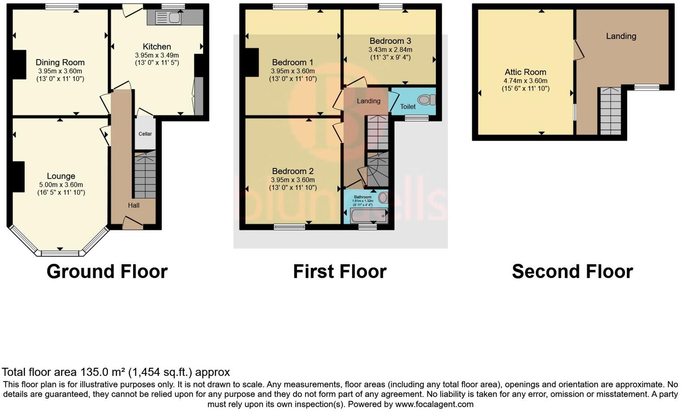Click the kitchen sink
(x=168, y=18)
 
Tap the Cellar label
(x=145, y=134)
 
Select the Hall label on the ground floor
(x=134, y=206)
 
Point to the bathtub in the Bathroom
(x=369, y=216)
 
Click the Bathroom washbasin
(x=383, y=197)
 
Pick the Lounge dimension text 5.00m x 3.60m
(x=61, y=185)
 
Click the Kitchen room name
(x=157, y=47)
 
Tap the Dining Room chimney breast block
(x=19, y=65)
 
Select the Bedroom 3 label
(x=390, y=41)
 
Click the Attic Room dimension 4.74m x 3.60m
(x=526, y=81)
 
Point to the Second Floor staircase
(x=610, y=111)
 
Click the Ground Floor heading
(x=107, y=271)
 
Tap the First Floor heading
(x=340, y=271)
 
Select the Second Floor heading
(x=572, y=271)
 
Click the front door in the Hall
(x=133, y=222)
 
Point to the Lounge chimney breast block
(x=18, y=176)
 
